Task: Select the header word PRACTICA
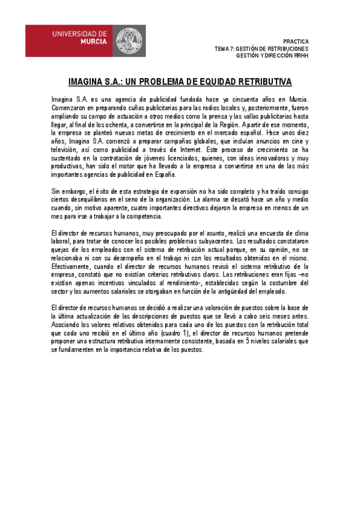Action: point(295,41)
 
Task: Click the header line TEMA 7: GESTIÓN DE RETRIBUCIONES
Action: point(261,48)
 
